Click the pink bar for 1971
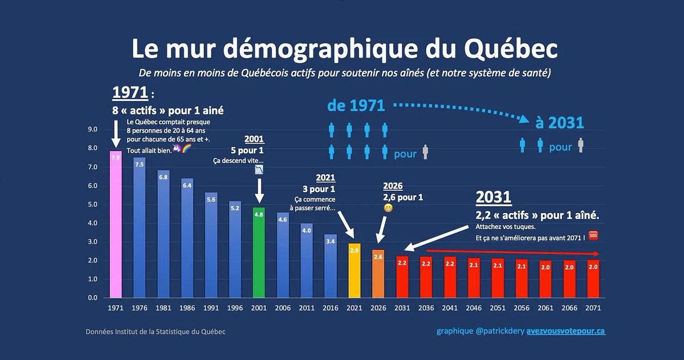coord(115,224)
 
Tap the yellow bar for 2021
coord(355,271)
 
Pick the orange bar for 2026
coord(378,273)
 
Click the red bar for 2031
coord(402,277)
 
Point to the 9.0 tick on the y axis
coord(93,129)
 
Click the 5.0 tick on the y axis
coord(93,204)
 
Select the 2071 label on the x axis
coord(593,308)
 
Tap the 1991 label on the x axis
coord(211,308)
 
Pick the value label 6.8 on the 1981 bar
coord(163,177)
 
